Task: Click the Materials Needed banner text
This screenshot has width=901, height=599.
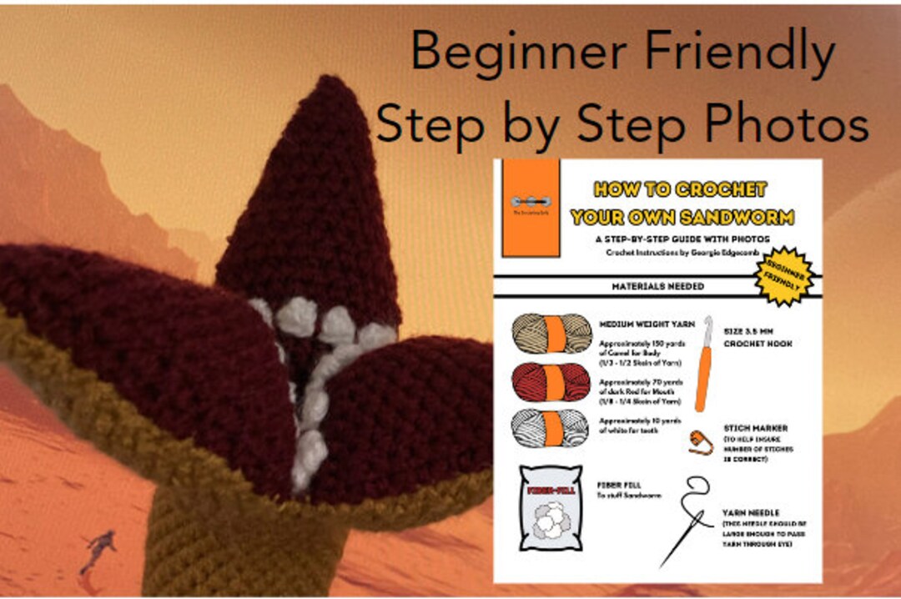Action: click(x=659, y=286)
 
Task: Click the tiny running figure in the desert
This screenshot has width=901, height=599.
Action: click(x=99, y=551)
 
